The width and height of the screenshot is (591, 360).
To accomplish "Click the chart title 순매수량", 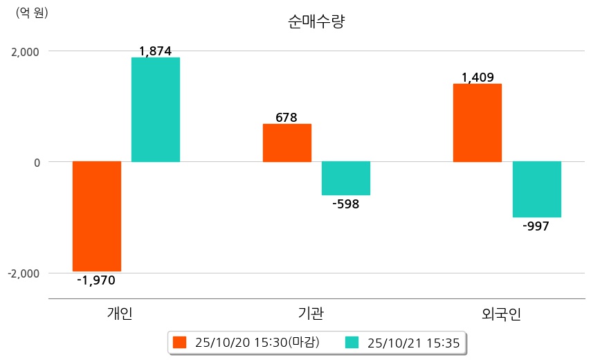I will (x=316, y=21).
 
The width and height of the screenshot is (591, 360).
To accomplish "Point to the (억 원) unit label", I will (x=32, y=12).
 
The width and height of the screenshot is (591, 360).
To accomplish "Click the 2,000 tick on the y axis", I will (x=24, y=51).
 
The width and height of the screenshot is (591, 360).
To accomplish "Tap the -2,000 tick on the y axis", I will (x=22, y=273).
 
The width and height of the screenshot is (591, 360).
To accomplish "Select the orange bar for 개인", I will (x=97, y=216).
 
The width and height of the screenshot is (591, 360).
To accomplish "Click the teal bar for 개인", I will (x=156, y=109).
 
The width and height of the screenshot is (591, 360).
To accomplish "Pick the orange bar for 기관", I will (x=287, y=143).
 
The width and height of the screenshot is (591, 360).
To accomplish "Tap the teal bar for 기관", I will (x=346, y=179).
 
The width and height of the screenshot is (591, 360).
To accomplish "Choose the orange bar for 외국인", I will (x=477, y=123).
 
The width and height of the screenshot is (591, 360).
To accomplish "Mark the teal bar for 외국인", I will (x=536, y=190).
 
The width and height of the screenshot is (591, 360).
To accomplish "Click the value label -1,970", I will (x=96, y=280).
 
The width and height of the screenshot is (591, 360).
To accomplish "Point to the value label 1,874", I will (x=155, y=51).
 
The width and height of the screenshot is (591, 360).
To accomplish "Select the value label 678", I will (x=287, y=117).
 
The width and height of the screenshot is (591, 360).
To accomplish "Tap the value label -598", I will (x=345, y=204).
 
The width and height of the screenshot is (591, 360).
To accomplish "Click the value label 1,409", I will (x=477, y=78).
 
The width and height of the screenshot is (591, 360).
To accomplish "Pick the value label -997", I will (x=536, y=226).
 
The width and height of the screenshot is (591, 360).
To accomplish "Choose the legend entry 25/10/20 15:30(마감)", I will (x=246, y=342).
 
